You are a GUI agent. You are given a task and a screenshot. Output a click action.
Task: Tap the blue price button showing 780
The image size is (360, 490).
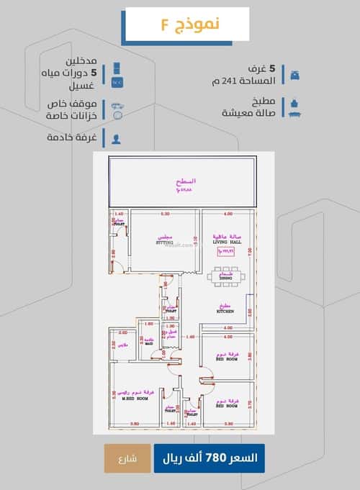pyautogui.click(x=209, y=458)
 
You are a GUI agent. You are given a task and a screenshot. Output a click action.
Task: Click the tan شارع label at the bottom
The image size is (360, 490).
pyautogui.click(x=127, y=458)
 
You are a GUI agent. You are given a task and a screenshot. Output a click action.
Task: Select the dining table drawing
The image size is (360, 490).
pyautogui.click(x=225, y=276)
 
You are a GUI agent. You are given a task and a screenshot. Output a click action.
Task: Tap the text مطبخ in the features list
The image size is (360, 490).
pyautogui.click(x=266, y=101)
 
